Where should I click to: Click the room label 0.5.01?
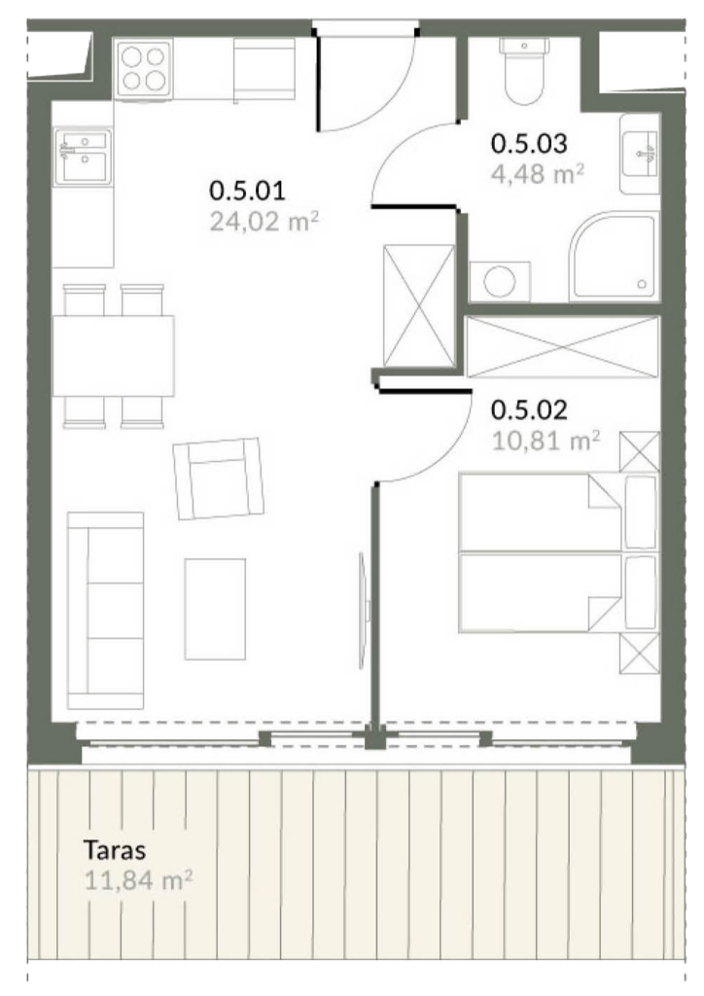(x=247, y=190)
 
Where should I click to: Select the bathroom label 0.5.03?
(x=529, y=143)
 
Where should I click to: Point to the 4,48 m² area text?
(x=537, y=173)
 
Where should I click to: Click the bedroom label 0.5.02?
(x=529, y=410)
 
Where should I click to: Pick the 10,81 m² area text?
(x=546, y=441)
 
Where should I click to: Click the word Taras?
(x=115, y=849)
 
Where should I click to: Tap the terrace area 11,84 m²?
(x=138, y=880)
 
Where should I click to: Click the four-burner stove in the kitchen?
(x=144, y=69)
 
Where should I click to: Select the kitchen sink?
(x=83, y=157)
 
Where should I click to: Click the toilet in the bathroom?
(x=525, y=70)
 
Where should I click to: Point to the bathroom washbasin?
(x=640, y=154)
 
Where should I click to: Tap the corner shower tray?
(x=614, y=256)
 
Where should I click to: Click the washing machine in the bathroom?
(x=500, y=281)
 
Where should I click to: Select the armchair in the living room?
(x=219, y=479)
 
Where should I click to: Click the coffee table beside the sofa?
(x=215, y=609)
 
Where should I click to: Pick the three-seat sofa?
(x=105, y=611)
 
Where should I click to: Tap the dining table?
(x=114, y=356)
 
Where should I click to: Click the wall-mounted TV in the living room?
(x=364, y=610)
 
